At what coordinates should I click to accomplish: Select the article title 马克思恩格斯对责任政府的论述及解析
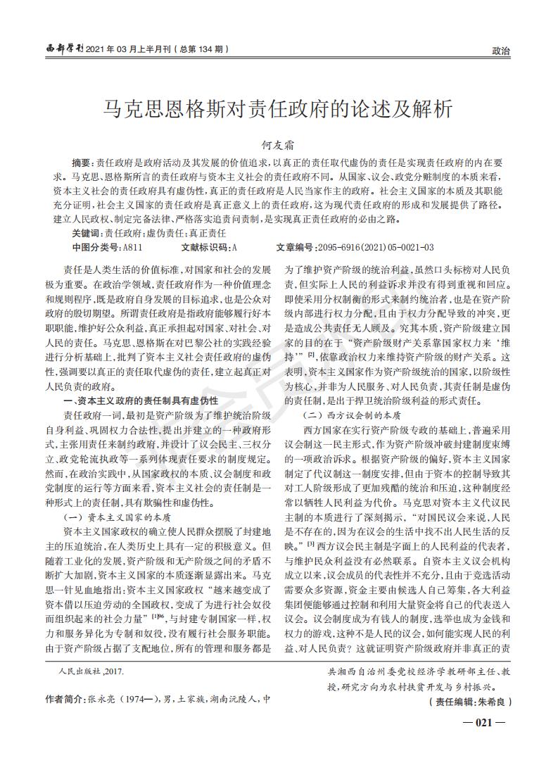(279, 108)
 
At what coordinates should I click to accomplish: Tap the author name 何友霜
(279, 144)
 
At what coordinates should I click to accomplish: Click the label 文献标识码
(205, 247)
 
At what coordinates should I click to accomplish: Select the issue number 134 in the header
(210, 50)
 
